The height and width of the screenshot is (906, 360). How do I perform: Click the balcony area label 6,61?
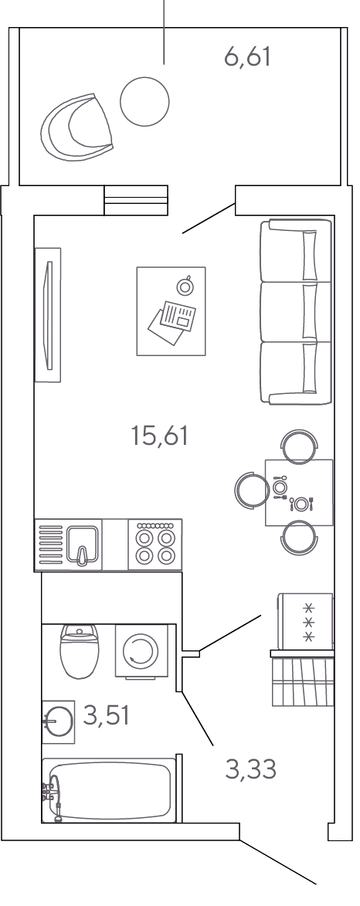click(247, 58)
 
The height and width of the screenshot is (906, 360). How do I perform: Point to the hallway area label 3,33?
click(251, 769)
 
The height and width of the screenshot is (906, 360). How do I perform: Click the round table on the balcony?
click(144, 102)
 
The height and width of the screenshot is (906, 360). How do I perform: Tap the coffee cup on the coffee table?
click(185, 286)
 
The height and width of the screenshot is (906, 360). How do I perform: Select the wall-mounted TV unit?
click(48, 315)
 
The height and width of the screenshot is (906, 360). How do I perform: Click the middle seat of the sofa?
click(295, 312)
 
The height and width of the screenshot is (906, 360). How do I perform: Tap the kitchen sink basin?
click(83, 545)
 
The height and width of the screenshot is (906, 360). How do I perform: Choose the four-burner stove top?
click(155, 545)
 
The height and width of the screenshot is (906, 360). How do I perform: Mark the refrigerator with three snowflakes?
click(306, 621)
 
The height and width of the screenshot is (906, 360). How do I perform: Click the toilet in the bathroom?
click(80, 651)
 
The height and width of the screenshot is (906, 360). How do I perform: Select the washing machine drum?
click(141, 651)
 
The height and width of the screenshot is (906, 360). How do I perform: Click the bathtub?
click(109, 790)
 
